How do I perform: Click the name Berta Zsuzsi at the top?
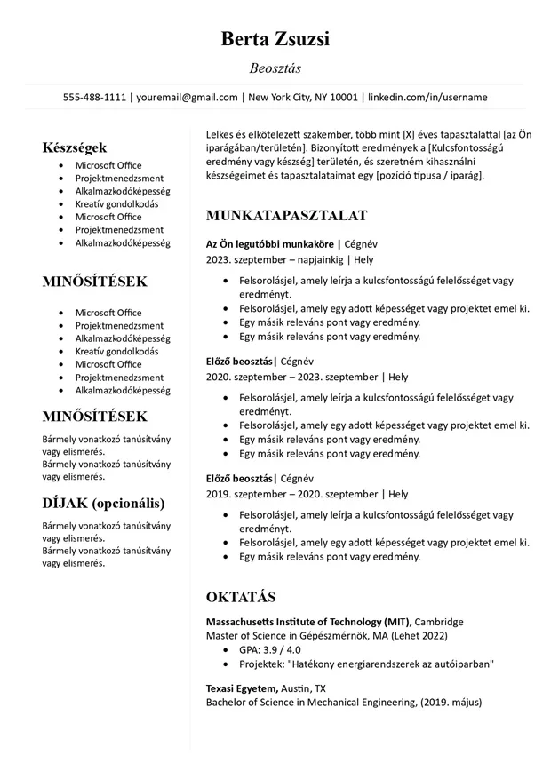[275, 39]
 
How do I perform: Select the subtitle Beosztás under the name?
[275, 68]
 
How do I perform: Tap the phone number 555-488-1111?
[94, 97]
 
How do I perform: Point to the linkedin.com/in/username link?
[427, 97]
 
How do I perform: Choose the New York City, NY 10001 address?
[302, 97]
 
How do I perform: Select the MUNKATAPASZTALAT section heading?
[286, 216]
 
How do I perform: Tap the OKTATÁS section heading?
[241, 596]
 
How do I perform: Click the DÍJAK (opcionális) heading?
[103, 503]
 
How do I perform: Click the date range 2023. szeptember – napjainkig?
[275, 260]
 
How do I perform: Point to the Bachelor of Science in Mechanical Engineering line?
[343, 703]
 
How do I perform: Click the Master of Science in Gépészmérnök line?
[326, 636]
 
